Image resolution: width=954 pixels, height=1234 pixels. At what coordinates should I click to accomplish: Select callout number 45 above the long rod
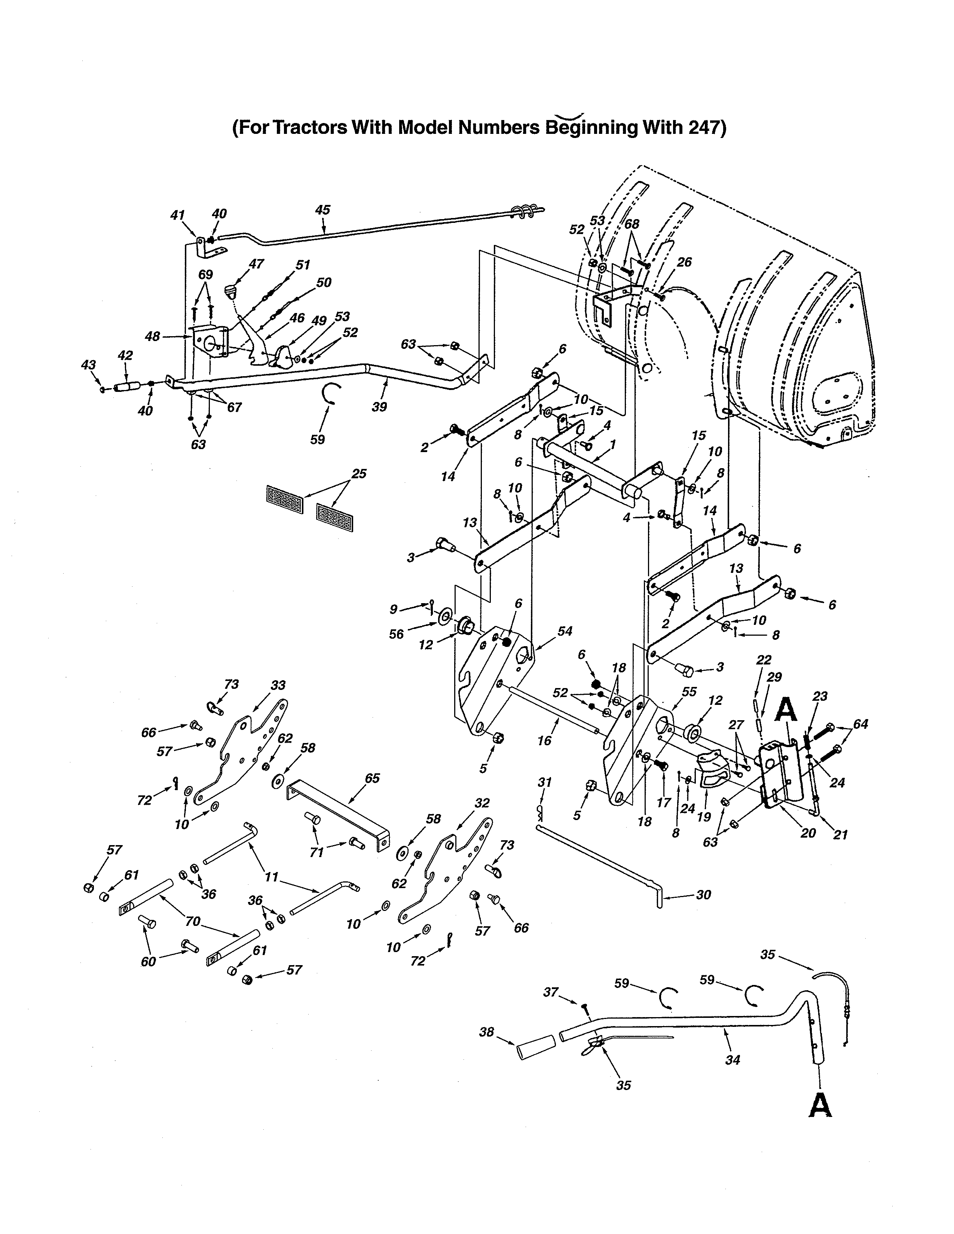coord(322,210)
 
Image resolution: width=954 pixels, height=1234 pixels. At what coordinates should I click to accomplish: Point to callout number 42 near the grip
coord(125,355)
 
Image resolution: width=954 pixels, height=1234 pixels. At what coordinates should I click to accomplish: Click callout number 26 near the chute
coord(684,262)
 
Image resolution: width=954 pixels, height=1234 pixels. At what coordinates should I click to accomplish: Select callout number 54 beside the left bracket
coord(565,631)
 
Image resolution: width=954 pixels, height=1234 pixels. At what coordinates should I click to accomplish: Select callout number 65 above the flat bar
coord(372,778)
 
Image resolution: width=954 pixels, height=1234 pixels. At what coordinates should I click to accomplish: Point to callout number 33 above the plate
coord(278,685)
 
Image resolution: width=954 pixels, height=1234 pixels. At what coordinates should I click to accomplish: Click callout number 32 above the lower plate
coord(481,803)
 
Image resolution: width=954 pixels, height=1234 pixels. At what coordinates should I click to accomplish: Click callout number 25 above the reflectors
coord(359,473)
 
